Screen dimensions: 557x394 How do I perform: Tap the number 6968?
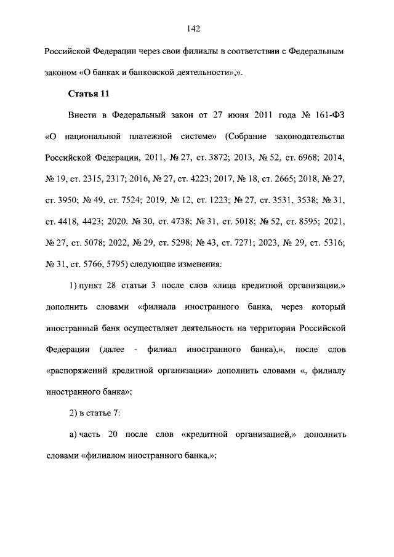coord(299,157)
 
